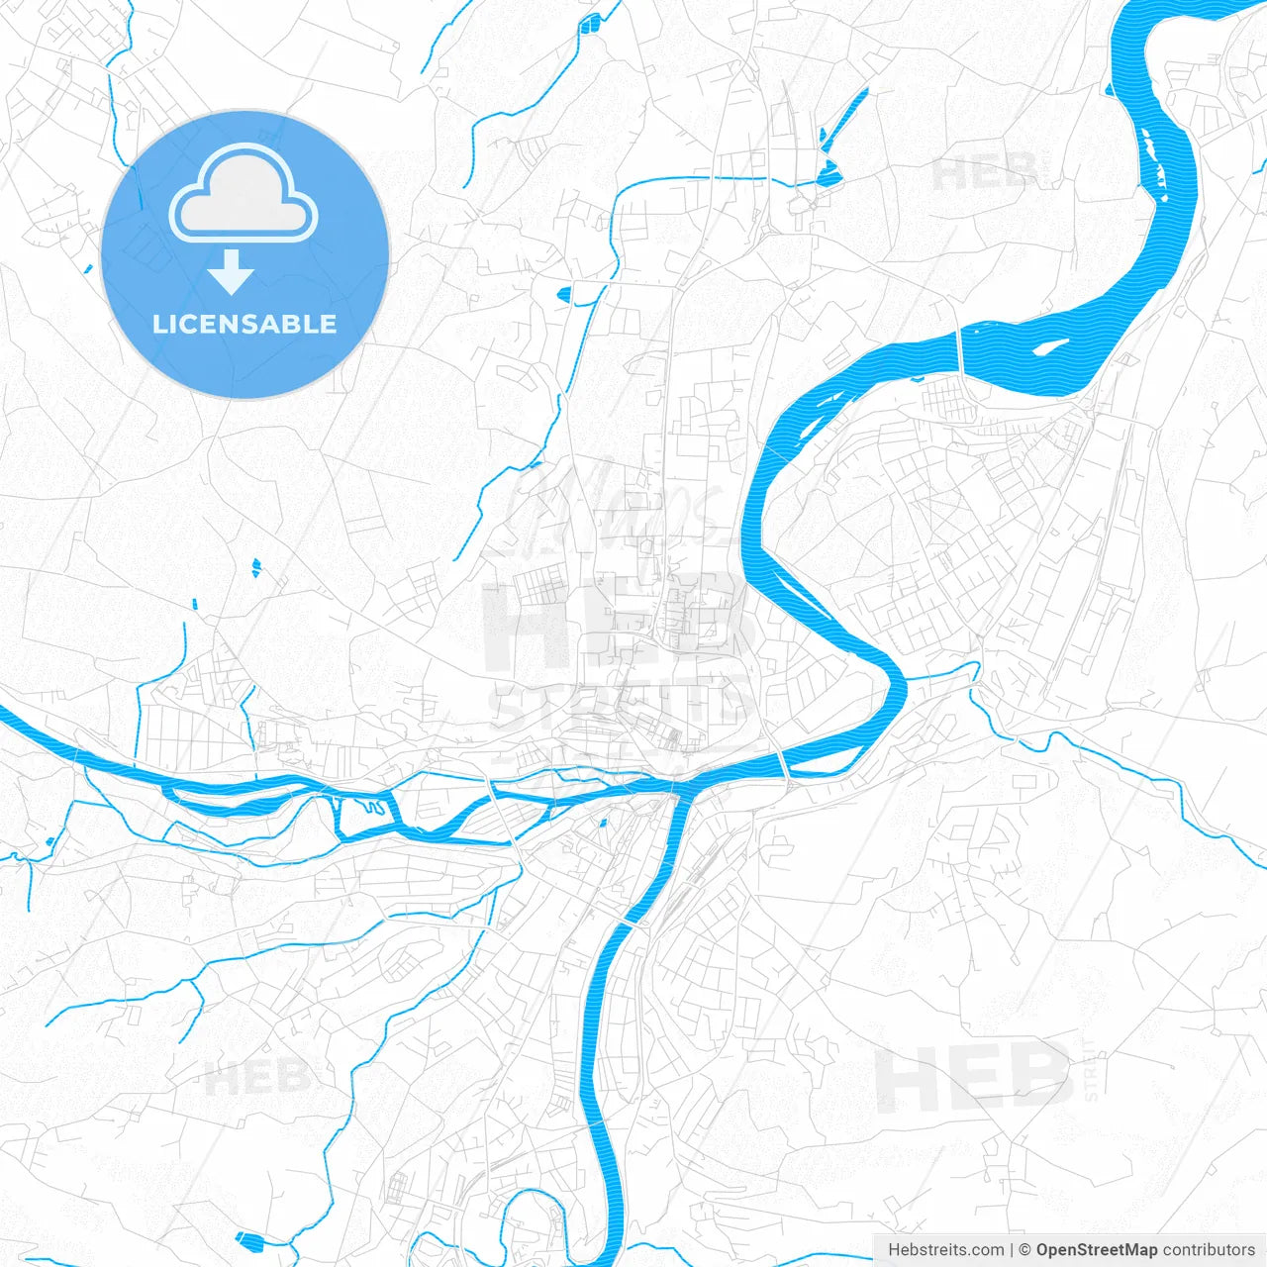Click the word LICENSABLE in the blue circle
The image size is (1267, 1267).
click(x=244, y=325)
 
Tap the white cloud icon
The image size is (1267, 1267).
click(x=244, y=195)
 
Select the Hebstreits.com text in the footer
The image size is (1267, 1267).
click(x=946, y=1250)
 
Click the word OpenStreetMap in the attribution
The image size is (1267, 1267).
click(x=1096, y=1250)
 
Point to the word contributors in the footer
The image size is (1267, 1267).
click(x=1209, y=1250)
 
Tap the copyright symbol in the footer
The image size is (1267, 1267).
click(x=1024, y=1250)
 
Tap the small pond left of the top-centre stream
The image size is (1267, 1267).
click(x=564, y=293)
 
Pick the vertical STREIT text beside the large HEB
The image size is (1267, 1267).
click(x=1091, y=1069)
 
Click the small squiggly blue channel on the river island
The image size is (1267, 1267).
click(x=374, y=808)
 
